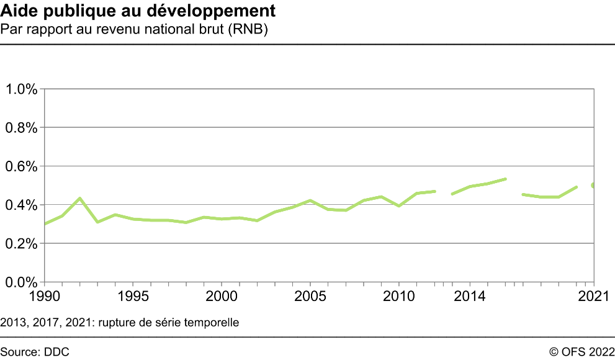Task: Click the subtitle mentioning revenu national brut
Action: pos(134,29)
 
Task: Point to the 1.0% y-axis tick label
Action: pos(22,89)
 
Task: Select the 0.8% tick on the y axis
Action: pos(22,128)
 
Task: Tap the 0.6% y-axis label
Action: pos(22,166)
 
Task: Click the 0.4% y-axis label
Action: pos(22,205)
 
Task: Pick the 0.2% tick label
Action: pos(22,244)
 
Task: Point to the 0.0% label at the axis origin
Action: pos(22,282)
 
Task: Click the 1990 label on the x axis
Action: pos(45,296)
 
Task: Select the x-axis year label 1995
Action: pos(133,296)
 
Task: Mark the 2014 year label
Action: pos(470,296)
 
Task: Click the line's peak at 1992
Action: pos(80,199)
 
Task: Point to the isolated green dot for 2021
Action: pos(594,186)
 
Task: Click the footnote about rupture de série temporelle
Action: pos(120,323)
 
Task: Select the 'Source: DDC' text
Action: pos(35,351)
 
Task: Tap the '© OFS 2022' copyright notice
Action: pos(581,351)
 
